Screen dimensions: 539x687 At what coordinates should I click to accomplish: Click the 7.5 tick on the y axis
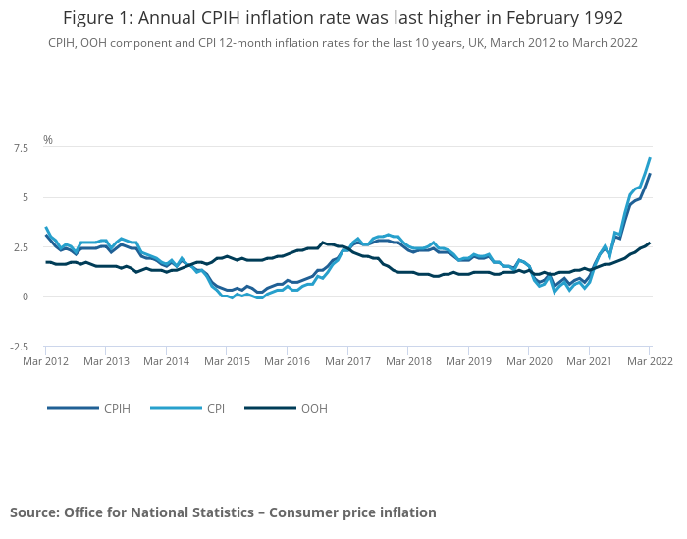[x=21, y=148]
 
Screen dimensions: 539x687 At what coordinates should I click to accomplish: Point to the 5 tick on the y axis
[x=24, y=197]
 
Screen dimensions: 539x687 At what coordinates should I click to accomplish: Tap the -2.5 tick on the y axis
[x=19, y=347]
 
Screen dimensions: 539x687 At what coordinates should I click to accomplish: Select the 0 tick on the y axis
[x=24, y=296]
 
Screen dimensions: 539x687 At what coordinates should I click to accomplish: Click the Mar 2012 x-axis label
[x=45, y=361]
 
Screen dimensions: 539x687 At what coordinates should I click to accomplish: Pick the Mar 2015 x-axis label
[x=226, y=361]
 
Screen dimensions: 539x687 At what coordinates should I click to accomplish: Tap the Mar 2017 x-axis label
[x=347, y=361]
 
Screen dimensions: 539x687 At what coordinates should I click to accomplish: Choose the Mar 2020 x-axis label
[x=528, y=361]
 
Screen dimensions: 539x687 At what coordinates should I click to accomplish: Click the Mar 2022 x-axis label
[x=649, y=361]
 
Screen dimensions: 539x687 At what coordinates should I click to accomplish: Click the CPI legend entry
[x=216, y=407]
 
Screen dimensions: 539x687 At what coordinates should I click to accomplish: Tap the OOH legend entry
[x=315, y=407]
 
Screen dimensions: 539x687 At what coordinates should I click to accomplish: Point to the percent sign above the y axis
[x=47, y=140]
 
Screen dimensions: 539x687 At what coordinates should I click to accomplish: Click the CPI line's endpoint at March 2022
[x=650, y=158]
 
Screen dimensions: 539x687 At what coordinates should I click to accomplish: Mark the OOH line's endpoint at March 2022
[x=650, y=243]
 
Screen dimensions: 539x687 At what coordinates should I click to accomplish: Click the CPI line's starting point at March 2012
[x=46, y=227]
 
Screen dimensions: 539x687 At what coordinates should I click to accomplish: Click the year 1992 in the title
[x=600, y=19]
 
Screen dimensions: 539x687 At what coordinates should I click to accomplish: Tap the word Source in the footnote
[x=34, y=512]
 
